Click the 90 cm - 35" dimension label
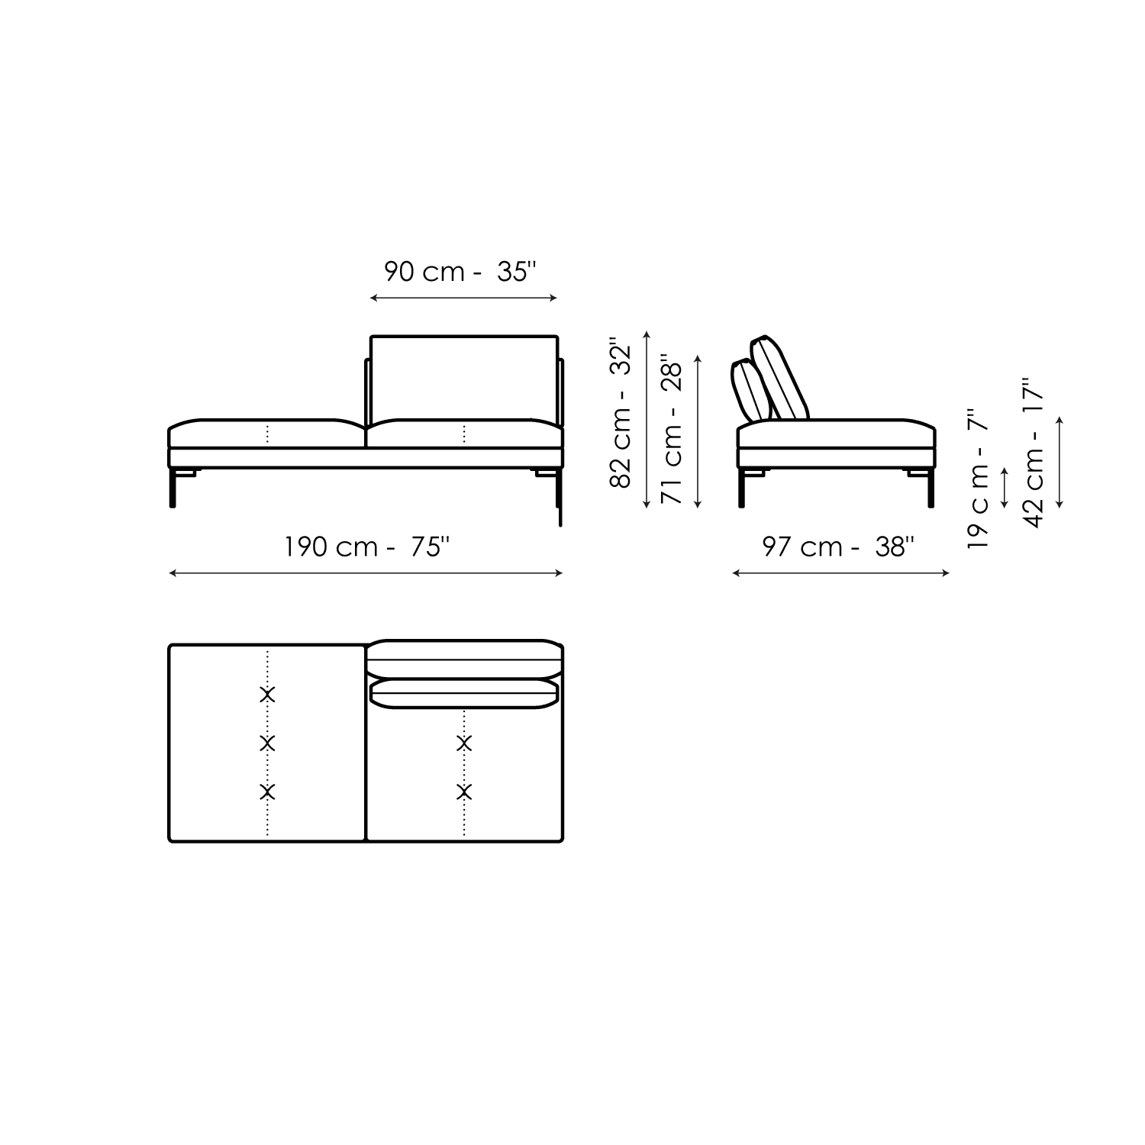tap(460, 272)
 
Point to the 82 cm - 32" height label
tap(622, 417)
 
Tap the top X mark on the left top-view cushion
tap(267, 695)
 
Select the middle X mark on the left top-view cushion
tap(267, 743)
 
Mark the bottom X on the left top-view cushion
tap(267, 792)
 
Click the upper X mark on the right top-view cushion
tap(464, 743)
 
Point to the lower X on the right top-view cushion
tap(464, 792)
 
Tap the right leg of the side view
tap(931, 489)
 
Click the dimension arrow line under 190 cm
tap(366, 573)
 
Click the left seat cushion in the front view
tap(266, 434)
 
